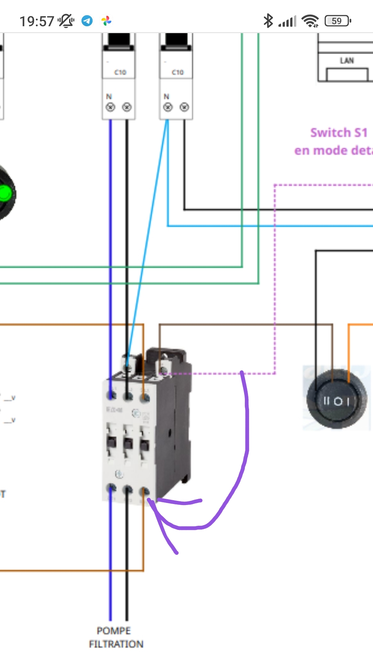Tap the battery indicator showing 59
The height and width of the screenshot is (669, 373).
click(337, 21)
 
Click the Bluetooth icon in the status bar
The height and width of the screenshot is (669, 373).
click(268, 21)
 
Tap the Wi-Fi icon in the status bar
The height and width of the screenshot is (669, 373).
click(310, 21)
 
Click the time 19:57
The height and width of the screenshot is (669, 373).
click(37, 21)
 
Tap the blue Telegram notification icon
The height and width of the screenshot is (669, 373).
click(87, 21)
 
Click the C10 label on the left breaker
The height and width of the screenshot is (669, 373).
click(120, 72)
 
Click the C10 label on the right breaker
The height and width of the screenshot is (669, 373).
click(178, 72)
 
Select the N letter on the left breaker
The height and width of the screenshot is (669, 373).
click(109, 96)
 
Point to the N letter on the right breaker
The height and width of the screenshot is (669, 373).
click(166, 96)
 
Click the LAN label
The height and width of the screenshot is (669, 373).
click(347, 61)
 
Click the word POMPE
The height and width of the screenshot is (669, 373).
click(114, 631)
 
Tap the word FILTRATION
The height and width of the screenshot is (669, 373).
click(116, 644)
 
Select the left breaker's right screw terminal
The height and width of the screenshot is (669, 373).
click(127, 107)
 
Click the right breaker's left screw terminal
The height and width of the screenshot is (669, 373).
click(168, 107)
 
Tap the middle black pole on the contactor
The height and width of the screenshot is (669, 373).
click(128, 443)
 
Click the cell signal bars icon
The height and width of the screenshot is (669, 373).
click(287, 21)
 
